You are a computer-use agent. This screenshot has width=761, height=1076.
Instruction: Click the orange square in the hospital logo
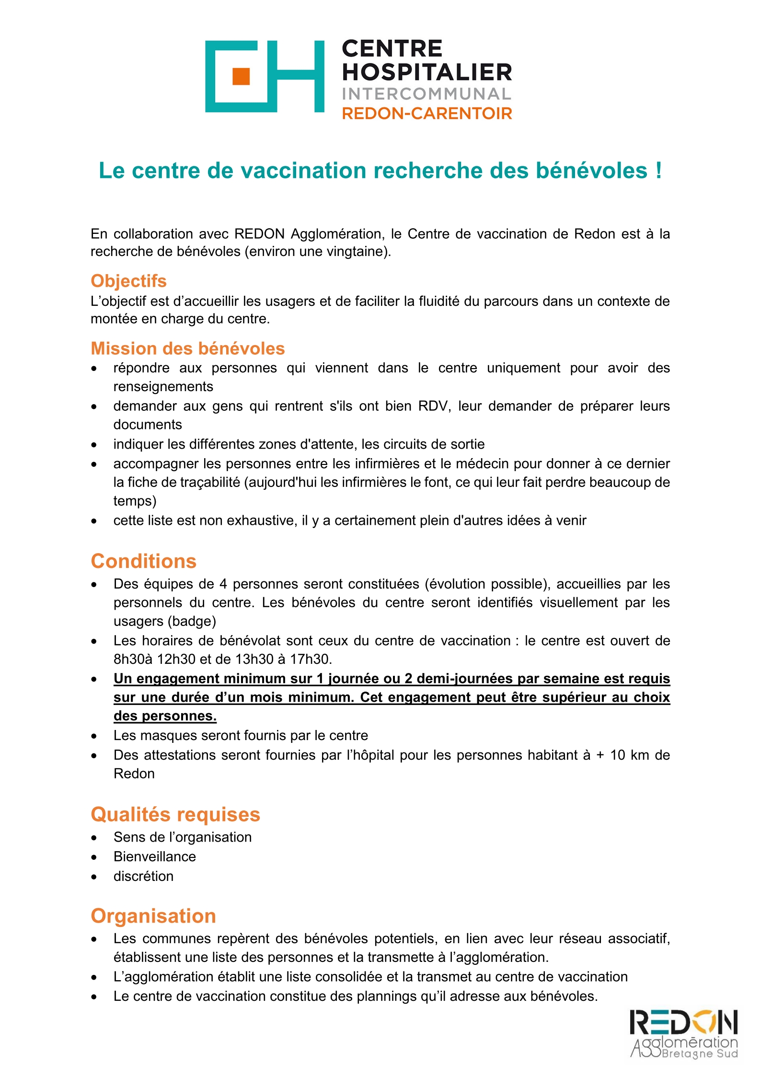(x=241, y=76)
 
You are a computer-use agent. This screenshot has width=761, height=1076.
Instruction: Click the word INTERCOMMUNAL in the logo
(x=427, y=94)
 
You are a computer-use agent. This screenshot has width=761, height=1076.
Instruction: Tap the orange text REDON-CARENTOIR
(x=427, y=114)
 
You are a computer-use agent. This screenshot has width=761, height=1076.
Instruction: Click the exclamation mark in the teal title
(x=659, y=171)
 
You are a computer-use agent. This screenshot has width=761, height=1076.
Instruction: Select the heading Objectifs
(x=128, y=281)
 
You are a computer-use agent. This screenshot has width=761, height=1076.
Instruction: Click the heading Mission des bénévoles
(x=187, y=348)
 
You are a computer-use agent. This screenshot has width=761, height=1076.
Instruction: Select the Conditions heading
(x=143, y=561)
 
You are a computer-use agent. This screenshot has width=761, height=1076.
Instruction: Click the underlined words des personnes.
(x=165, y=716)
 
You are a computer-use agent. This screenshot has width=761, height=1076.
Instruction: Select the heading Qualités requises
(x=175, y=814)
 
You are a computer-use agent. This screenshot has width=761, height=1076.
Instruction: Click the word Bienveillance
(x=154, y=856)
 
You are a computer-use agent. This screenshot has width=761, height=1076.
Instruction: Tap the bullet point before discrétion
(x=94, y=877)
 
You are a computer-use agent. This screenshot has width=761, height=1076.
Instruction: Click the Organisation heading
(x=153, y=916)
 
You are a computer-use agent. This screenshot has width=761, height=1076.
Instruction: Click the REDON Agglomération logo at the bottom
(x=683, y=1034)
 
